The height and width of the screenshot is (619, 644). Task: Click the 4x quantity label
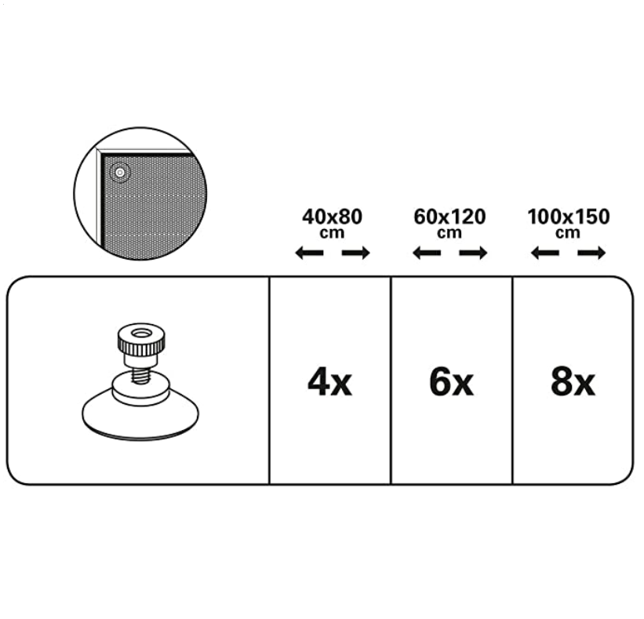(329, 382)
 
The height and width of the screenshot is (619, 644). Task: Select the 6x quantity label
(451, 382)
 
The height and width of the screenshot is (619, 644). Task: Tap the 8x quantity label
(573, 382)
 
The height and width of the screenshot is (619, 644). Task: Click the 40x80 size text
(333, 217)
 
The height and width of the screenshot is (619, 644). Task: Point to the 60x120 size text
(449, 217)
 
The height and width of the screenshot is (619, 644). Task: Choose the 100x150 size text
(569, 217)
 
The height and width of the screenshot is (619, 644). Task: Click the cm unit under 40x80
(332, 233)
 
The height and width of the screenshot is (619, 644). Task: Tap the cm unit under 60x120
(449, 233)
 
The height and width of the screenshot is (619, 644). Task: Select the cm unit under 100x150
(568, 233)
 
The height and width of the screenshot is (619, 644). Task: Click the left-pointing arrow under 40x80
(309, 253)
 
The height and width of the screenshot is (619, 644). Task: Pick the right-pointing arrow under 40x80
(356, 253)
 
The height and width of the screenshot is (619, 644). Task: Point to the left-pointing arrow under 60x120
(427, 253)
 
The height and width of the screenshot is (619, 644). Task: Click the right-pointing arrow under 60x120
(474, 253)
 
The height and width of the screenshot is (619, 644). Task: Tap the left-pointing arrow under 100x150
(545, 253)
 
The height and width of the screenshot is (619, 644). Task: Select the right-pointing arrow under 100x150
(592, 253)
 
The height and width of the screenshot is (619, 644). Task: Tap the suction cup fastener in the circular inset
(120, 173)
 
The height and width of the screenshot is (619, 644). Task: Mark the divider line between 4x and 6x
(391, 381)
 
